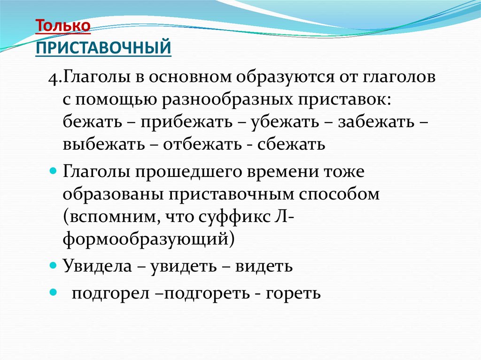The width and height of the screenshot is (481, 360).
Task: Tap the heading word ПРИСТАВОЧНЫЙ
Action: (x=103, y=47)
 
